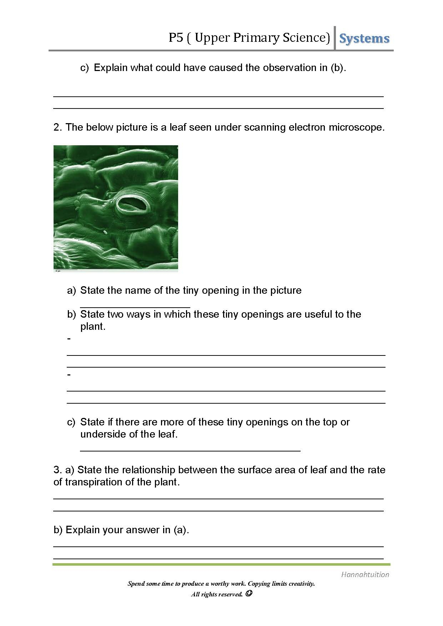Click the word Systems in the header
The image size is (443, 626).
pos(364,39)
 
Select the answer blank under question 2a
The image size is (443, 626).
pos(135,306)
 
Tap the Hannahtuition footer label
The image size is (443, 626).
pos(365,574)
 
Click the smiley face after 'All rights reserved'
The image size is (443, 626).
pos(250,594)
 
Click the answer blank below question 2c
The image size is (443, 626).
pos(190,451)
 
